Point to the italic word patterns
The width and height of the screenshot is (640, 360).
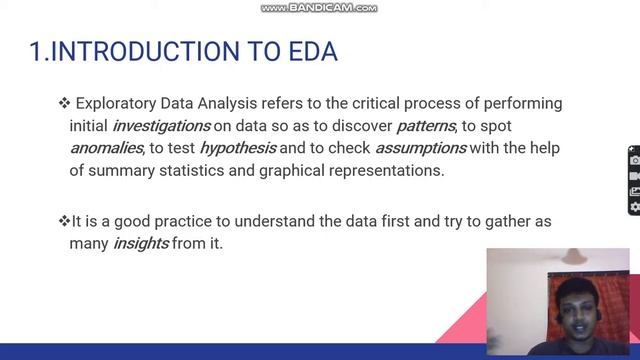(x=427, y=126)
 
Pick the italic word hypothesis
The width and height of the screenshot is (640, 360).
(x=237, y=148)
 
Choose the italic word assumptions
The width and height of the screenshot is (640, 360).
(x=421, y=148)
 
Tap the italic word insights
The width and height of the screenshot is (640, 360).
(x=140, y=243)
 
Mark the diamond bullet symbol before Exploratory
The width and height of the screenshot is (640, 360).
(x=65, y=104)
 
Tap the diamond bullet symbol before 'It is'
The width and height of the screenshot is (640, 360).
(x=64, y=221)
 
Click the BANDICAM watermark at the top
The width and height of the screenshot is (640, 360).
(x=319, y=8)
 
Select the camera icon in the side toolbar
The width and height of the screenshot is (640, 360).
(x=634, y=159)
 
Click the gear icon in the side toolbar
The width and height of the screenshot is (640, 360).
(x=634, y=207)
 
